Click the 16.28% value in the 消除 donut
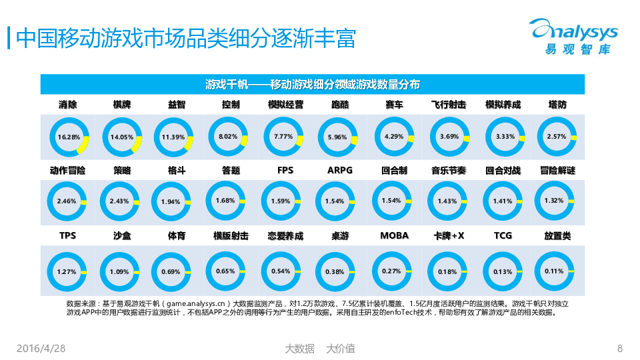point(69,137)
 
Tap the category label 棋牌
point(122,105)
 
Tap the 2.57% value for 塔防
point(556,136)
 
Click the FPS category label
point(285,170)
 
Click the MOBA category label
point(395,235)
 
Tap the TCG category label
point(503,235)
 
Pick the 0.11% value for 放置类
point(554,271)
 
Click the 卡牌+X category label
point(449,235)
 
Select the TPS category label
point(67,235)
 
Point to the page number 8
point(620,348)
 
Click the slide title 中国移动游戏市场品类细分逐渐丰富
point(185,37)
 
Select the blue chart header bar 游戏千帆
point(313,84)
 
